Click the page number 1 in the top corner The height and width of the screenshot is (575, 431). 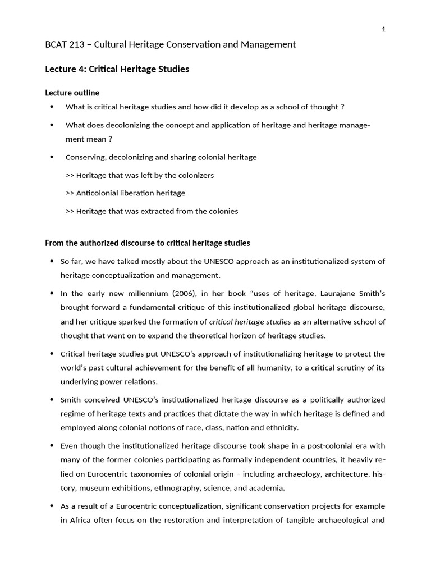[x=383, y=30]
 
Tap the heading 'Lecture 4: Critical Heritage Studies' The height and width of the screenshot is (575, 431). [x=117, y=69]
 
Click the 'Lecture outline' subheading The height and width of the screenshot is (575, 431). [x=72, y=93]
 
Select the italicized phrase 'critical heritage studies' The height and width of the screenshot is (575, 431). [x=250, y=322]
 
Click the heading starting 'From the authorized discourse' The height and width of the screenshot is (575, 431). [x=147, y=243]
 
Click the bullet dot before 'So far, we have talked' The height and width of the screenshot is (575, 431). [x=52, y=262]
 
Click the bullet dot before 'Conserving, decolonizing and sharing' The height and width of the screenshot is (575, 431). [x=52, y=157]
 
